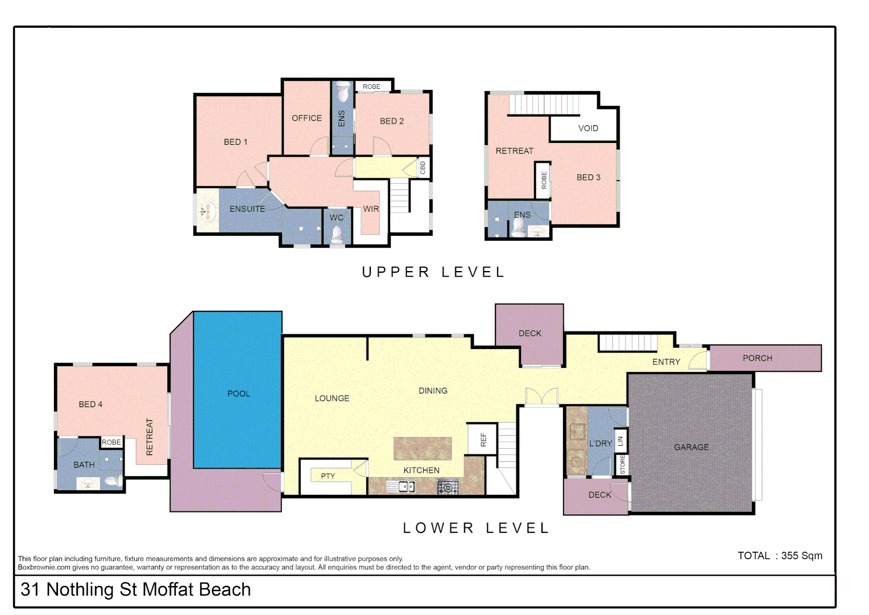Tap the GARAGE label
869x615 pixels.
[691, 447]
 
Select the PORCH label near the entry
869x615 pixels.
[757, 358]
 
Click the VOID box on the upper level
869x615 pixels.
[587, 128]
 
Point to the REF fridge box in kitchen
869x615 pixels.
[483, 439]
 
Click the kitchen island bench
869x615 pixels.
[423, 448]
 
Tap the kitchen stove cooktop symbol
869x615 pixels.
[448, 487]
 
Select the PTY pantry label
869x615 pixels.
[328, 476]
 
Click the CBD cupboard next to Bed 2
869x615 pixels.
[423, 168]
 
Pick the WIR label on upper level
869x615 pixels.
[371, 209]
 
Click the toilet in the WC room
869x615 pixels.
[337, 234]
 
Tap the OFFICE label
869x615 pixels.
[307, 118]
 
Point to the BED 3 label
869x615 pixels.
[588, 177]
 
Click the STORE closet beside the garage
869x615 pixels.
[622, 465]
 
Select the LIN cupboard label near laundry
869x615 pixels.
[620, 441]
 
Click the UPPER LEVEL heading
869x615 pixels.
[433, 272]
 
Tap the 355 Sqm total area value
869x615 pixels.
[801, 556]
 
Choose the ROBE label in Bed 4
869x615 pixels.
[111, 442]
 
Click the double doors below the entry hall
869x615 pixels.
[541, 397]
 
